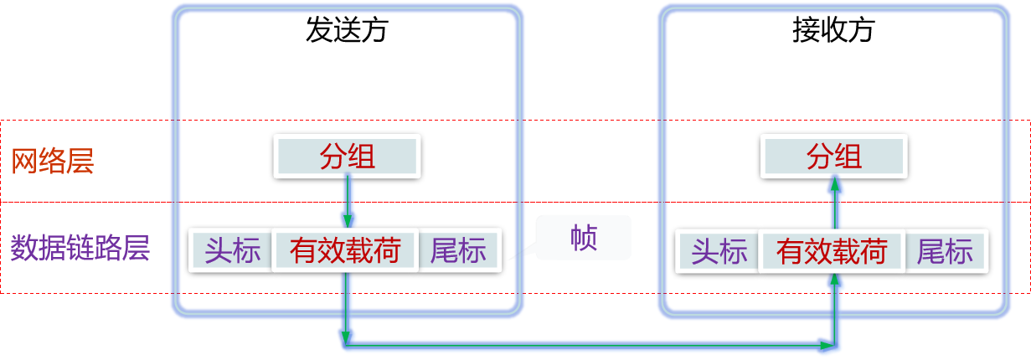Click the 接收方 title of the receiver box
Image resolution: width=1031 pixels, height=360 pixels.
click(x=833, y=31)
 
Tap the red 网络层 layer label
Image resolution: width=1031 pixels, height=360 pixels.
click(x=52, y=161)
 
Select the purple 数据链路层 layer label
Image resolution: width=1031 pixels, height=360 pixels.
click(x=80, y=249)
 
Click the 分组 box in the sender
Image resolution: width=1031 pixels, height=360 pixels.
click(x=347, y=157)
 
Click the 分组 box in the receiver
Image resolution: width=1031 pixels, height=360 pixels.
click(x=833, y=157)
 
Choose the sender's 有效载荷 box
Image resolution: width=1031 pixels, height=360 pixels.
click(x=345, y=250)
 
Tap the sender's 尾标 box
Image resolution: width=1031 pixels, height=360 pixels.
click(x=458, y=250)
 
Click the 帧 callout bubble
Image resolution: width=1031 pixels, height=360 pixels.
click(x=583, y=238)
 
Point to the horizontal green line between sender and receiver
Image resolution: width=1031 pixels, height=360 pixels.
click(x=586, y=343)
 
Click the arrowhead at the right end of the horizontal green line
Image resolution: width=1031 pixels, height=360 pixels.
click(x=828, y=343)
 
